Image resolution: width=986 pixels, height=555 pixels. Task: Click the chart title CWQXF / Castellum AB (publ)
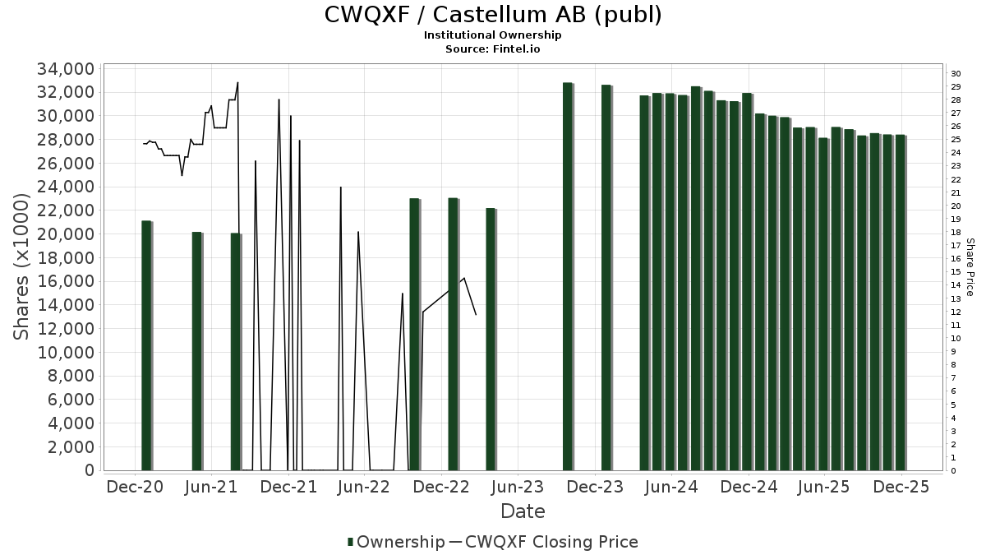493,15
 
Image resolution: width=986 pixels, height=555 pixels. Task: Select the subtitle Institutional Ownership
493,35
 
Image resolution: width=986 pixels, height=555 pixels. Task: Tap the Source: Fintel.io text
493,49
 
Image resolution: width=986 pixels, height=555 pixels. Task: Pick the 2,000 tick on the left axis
69,447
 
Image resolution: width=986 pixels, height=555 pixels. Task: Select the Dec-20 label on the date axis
136,487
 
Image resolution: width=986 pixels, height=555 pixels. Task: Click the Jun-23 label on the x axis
517,487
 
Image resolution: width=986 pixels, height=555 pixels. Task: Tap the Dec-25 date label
901,487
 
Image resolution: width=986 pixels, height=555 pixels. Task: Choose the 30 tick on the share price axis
956,74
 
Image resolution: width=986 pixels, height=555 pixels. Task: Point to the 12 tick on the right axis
956,312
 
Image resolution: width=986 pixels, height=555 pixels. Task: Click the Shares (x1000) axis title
22,266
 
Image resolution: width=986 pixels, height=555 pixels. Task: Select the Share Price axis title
970,267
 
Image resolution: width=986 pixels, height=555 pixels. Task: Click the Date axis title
523,511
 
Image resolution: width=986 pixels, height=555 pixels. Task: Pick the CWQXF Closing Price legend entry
551,542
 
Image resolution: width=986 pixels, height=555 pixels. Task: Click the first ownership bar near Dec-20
146,345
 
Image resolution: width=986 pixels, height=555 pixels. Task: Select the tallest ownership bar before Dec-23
567,276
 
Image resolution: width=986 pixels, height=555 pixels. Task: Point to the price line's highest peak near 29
237,83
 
